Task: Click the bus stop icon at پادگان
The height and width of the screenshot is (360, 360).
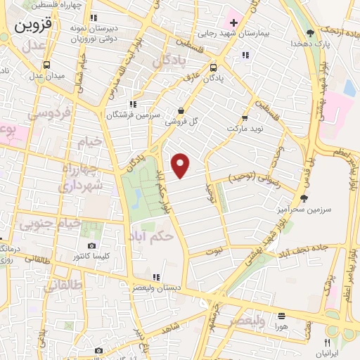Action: point(213,68)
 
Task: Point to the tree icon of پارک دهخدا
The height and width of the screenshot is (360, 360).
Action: point(311,32)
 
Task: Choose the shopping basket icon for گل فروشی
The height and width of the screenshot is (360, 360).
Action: point(181,110)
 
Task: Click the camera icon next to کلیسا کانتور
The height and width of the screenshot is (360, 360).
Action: point(91,245)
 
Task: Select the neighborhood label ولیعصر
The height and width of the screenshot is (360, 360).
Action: point(246,321)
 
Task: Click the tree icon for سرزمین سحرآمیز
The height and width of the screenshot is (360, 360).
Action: point(304,198)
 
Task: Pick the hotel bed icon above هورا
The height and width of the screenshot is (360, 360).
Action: point(281,316)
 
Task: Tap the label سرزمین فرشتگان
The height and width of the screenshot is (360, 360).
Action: point(134,115)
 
